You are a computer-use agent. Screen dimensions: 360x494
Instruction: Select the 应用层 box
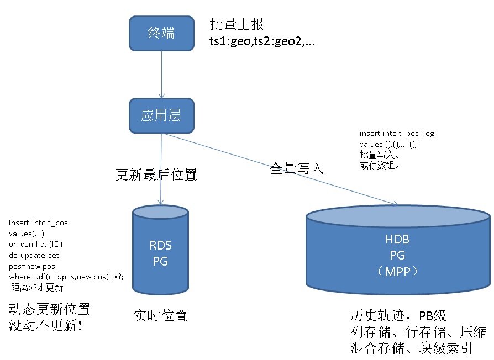tap(161, 116)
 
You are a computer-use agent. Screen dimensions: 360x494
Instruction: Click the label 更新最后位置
tap(156, 176)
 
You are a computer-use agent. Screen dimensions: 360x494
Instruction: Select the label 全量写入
tap(297, 168)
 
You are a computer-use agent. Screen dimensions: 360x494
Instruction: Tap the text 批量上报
tap(237, 25)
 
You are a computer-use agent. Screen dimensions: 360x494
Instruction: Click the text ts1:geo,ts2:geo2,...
tap(262, 41)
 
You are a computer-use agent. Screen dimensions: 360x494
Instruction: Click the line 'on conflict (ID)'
tap(36, 245)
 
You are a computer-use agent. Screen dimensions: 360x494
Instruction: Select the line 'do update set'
tap(34, 255)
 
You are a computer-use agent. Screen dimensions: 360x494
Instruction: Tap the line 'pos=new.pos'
tap(33, 266)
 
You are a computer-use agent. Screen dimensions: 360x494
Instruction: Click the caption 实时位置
tap(161, 316)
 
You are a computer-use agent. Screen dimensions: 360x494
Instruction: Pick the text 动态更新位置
tap(49, 309)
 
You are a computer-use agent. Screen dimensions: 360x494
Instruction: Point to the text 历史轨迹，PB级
tap(398, 316)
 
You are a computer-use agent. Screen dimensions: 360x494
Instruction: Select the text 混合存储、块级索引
tap(412, 348)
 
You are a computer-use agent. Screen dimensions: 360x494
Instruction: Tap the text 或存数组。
tap(378, 165)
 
